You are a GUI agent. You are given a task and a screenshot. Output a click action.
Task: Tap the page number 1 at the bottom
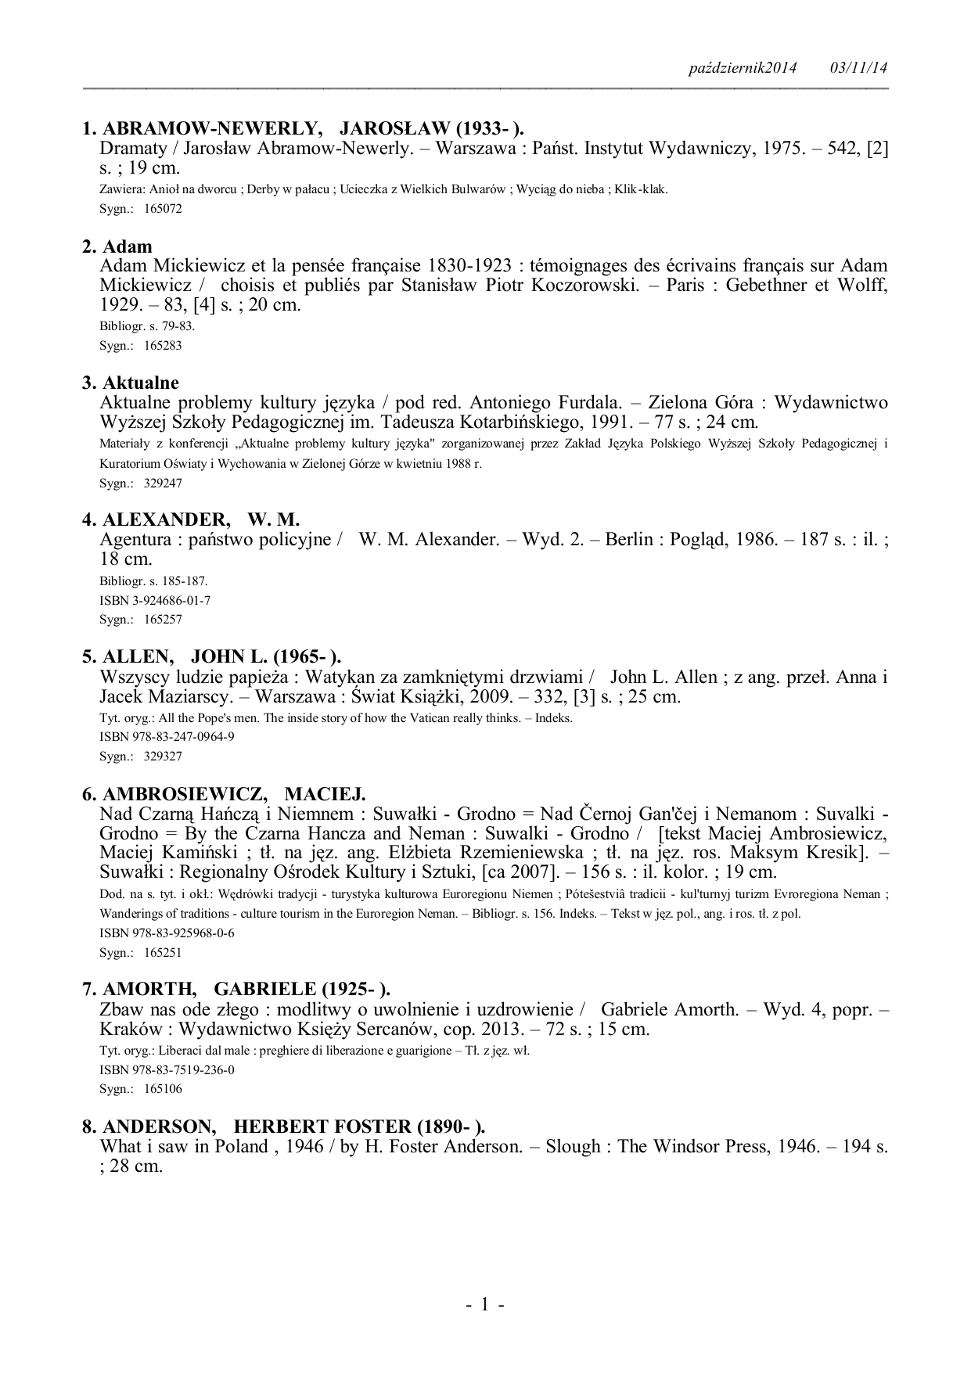point(484,1304)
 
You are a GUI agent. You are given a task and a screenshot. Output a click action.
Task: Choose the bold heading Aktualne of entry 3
point(141,383)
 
